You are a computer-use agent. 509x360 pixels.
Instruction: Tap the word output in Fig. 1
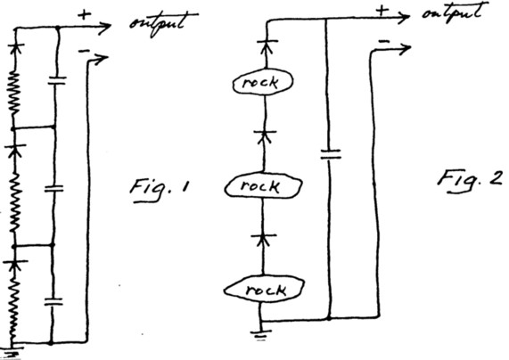pos(164,22)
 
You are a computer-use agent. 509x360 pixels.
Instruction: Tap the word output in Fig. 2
pos(456,13)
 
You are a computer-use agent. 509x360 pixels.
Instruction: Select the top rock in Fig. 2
pos(262,81)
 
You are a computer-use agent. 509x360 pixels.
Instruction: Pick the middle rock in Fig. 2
pos(263,185)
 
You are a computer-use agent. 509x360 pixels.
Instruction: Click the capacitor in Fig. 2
pos(331,154)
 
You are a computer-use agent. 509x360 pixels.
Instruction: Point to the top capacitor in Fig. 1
pos(57,80)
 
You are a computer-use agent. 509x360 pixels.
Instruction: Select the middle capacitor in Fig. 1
pos(53,188)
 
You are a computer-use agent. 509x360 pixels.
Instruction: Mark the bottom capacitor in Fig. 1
pos(53,302)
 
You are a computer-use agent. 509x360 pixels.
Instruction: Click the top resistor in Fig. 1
pos(14,94)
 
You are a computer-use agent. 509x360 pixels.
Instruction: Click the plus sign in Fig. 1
pos(85,15)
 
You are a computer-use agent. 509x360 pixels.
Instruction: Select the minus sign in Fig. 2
pos(384,41)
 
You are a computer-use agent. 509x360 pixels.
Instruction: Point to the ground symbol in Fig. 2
pos(261,334)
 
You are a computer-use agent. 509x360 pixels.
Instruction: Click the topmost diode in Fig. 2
pos(267,45)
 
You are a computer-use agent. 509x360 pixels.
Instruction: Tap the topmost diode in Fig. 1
pos(15,49)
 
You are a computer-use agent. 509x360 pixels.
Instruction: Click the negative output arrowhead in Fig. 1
pos(102,59)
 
